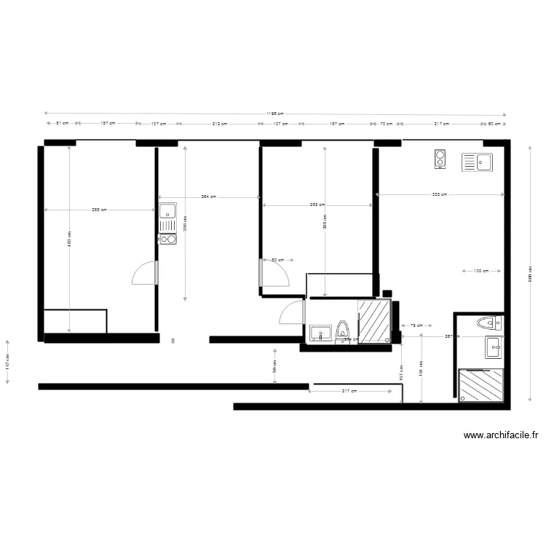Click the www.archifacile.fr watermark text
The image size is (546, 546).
(501, 436)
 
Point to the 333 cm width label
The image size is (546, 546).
(439, 194)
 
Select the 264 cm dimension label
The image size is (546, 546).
(209, 197)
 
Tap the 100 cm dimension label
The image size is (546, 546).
(480, 272)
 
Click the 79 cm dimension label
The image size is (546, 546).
(417, 325)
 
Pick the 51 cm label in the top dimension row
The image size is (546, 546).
(63, 124)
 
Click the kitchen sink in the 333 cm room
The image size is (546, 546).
(478, 162)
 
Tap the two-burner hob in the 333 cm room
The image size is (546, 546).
(440, 159)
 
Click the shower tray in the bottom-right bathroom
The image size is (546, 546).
(481, 386)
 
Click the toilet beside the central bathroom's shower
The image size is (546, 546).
(343, 330)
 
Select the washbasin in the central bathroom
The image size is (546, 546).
(320, 333)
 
